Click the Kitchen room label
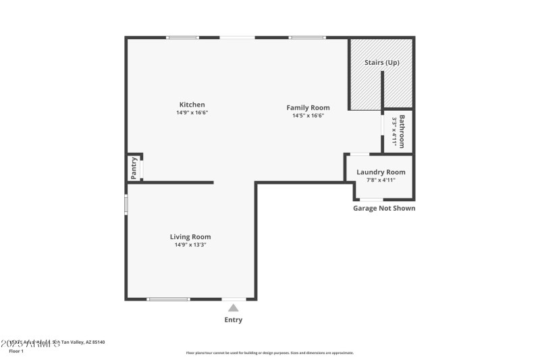(x=192, y=105)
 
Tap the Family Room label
(x=308, y=107)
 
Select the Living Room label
(x=190, y=236)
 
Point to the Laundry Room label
(x=381, y=172)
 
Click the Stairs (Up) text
(x=382, y=62)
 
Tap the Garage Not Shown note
(x=384, y=208)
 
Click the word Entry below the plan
(x=233, y=320)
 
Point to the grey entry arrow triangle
(x=233, y=308)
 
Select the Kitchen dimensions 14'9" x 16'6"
(x=192, y=113)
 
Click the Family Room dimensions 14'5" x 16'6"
(x=308, y=115)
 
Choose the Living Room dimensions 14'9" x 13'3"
(x=190, y=245)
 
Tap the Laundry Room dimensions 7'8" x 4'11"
(x=381, y=180)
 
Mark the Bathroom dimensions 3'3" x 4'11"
(x=394, y=132)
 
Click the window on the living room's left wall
(x=126, y=205)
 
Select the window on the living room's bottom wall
(x=169, y=299)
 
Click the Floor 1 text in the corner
(x=16, y=351)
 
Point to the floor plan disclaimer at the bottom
(x=269, y=353)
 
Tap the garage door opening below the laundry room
(x=370, y=199)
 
